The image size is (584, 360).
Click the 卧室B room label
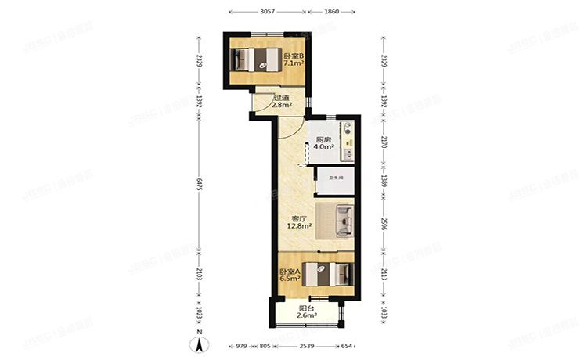(294, 56)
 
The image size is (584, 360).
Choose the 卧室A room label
(290, 272)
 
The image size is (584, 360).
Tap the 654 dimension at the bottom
(346, 346)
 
